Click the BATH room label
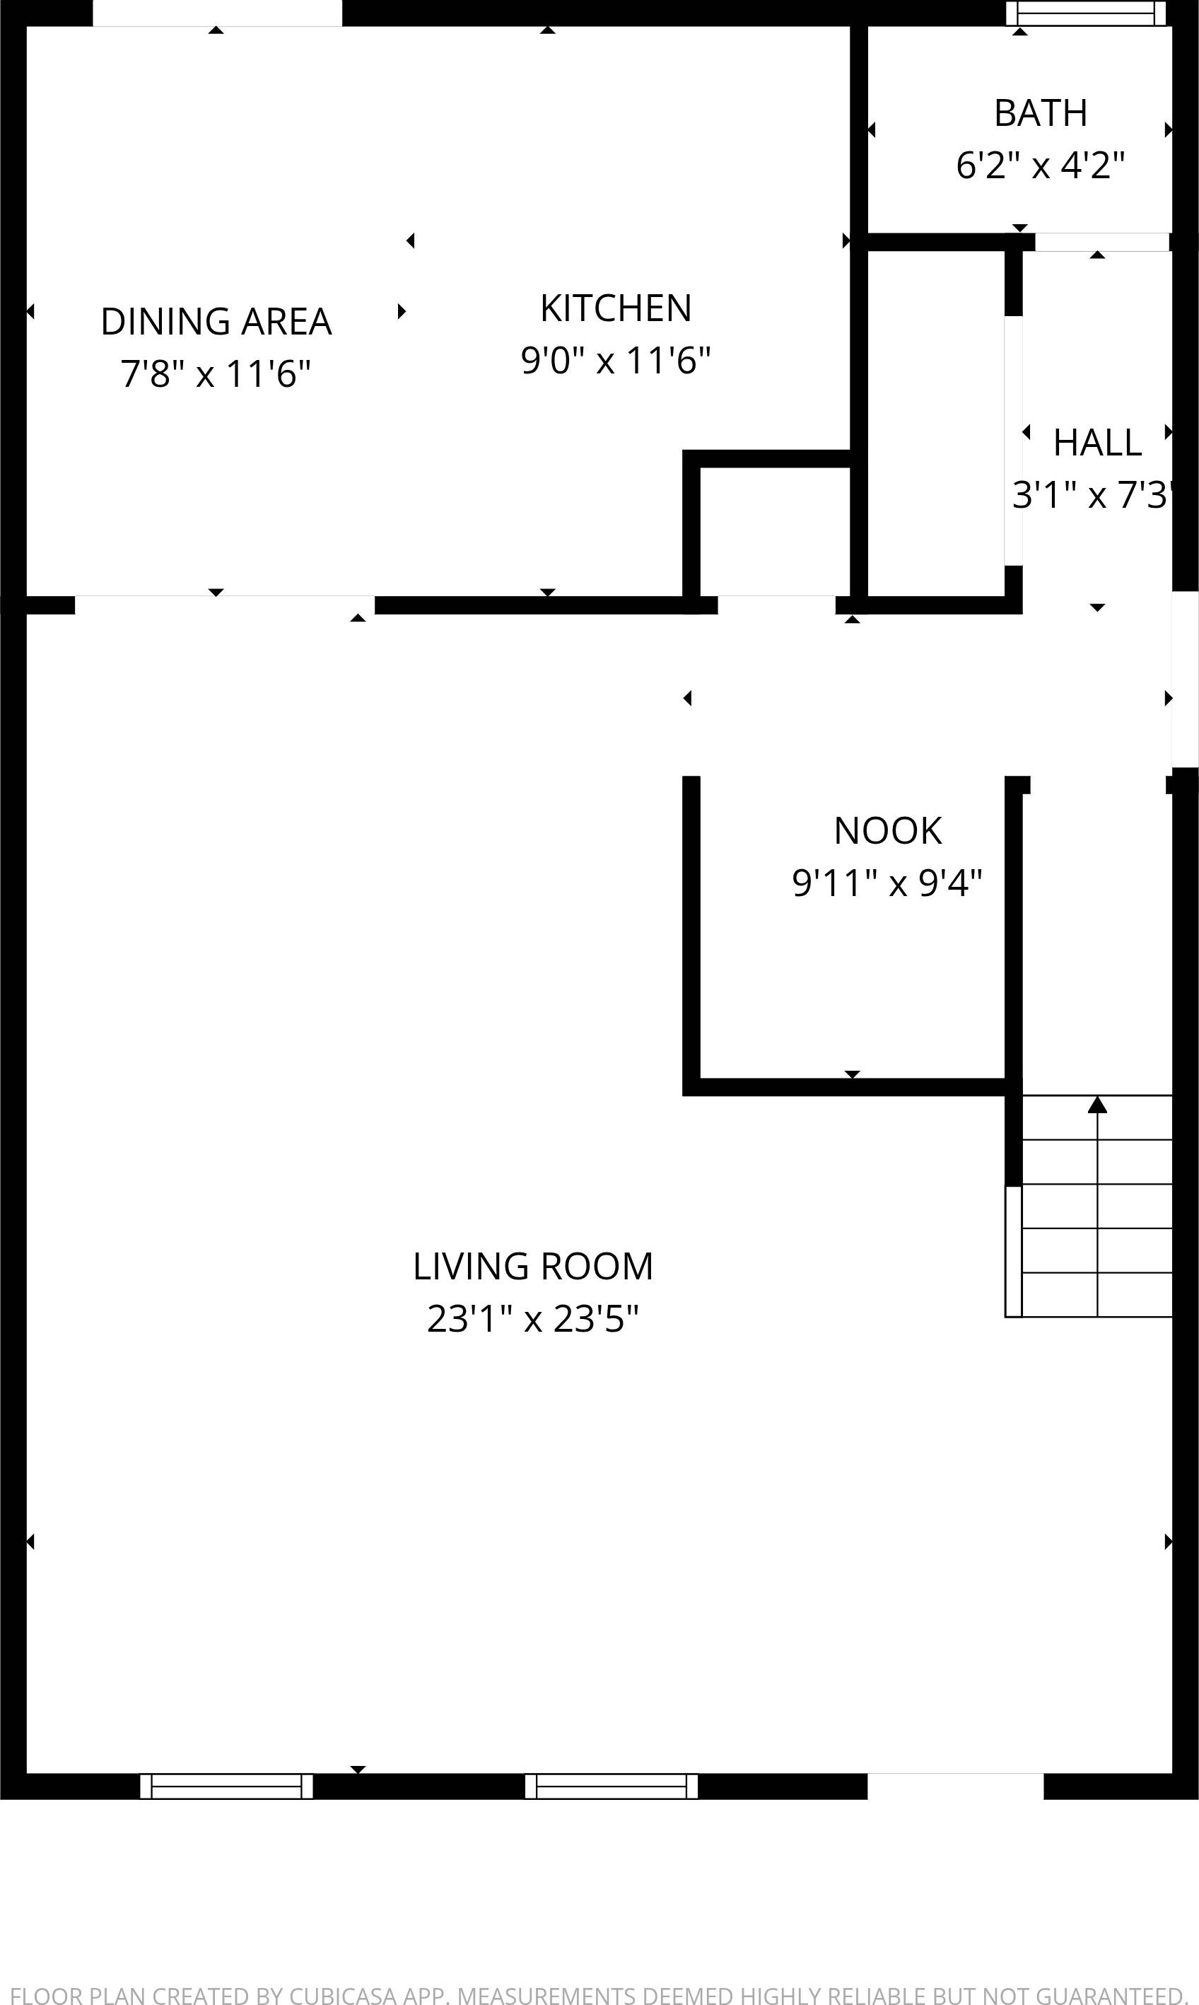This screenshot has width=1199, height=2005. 1040,113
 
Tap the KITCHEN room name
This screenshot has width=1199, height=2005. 616,308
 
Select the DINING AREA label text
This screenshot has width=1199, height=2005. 216,322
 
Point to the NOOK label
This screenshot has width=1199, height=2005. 887,831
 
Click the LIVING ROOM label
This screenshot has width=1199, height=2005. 532,1267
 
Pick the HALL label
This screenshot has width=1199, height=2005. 1097,443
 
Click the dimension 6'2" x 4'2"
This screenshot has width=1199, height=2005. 1040,165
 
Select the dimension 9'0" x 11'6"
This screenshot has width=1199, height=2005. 616,361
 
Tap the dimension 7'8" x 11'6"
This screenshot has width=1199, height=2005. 216,374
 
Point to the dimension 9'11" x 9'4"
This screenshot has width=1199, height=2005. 887,883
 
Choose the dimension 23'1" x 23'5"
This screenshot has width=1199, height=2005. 532,1319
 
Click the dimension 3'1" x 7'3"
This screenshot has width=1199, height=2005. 1092,495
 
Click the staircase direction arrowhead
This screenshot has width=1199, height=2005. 1097,1105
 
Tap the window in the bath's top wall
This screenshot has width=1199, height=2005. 1085,13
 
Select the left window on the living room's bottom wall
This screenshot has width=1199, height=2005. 226,1786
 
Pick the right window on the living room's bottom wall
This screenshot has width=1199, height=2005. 612,1786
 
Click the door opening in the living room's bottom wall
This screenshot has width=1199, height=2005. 955,1786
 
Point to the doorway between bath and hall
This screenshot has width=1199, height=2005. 1102,242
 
